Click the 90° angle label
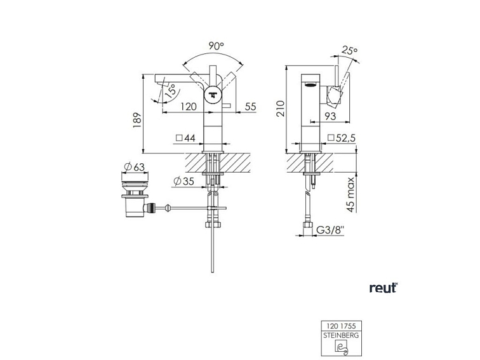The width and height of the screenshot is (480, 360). point(217,46)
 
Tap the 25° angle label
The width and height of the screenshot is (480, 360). point(350,50)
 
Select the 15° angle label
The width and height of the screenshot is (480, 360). point(170,91)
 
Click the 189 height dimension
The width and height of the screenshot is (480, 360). point(137,120)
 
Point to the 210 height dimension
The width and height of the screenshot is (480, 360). point(281,109)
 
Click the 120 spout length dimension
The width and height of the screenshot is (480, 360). point(189,107)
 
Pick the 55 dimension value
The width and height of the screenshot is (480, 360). point(250,107)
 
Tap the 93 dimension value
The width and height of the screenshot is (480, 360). point(330,116)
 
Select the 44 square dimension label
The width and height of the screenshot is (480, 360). point(185,138)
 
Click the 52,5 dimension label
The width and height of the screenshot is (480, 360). point(342,138)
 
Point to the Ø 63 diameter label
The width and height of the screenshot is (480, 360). point(134,167)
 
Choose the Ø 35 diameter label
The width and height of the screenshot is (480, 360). point(183,181)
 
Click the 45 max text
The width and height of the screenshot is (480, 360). point(351,194)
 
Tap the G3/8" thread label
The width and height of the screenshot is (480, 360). point(330,230)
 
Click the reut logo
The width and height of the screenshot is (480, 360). point(383,288)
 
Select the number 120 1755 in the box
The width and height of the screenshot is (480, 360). point(341,326)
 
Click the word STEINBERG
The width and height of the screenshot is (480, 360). point(341,335)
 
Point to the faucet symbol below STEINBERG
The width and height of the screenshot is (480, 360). point(341,347)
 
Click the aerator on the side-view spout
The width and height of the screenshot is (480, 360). point(310,85)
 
